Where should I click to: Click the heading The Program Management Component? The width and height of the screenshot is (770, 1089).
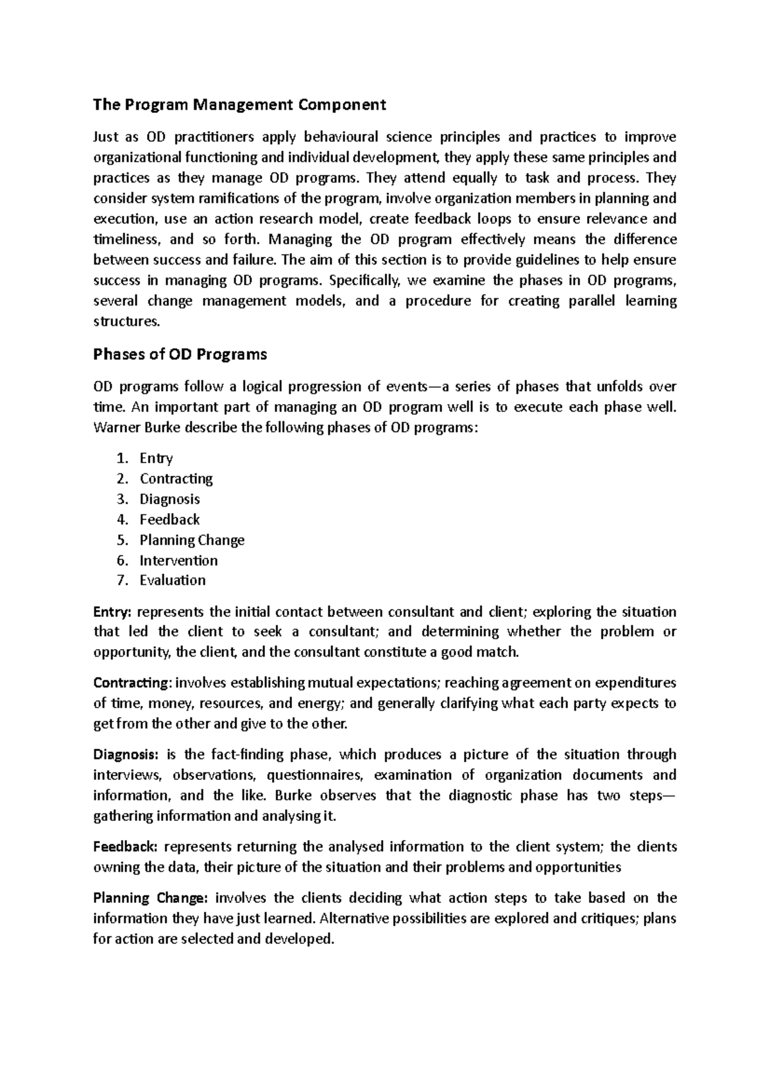click(239, 105)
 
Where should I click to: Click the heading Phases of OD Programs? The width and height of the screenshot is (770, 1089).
click(180, 354)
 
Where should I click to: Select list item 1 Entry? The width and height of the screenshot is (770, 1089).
click(156, 458)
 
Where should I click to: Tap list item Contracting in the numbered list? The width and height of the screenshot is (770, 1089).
click(176, 478)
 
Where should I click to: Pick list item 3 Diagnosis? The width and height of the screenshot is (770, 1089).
click(169, 499)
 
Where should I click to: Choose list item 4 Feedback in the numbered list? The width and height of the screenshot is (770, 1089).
click(169, 519)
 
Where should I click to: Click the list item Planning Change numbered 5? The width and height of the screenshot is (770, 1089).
click(192, 540)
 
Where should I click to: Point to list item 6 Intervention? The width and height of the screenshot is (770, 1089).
click(178, 561)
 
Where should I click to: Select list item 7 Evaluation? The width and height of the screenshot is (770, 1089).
click(173, 580)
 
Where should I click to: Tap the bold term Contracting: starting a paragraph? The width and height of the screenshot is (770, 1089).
click(133, 682)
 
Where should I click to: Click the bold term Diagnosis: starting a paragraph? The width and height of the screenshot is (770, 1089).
click(124, 754)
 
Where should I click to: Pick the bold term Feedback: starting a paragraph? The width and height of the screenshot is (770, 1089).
click(125, 847)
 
